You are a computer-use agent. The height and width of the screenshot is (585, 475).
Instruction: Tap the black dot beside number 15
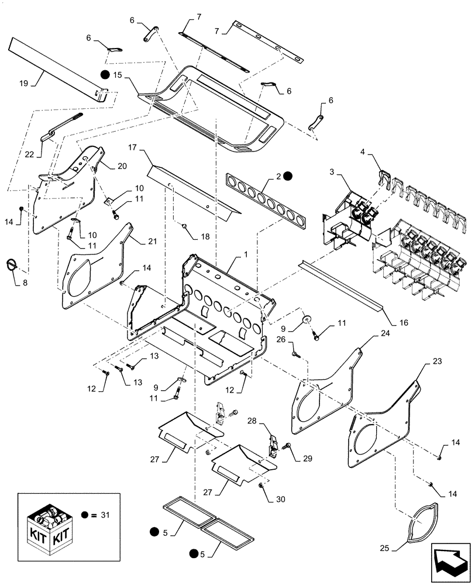click(x=105, y=75)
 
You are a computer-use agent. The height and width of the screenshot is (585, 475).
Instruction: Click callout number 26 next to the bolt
click(x=296, y=339)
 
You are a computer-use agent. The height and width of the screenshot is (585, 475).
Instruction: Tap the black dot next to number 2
click(x=288, y=175)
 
